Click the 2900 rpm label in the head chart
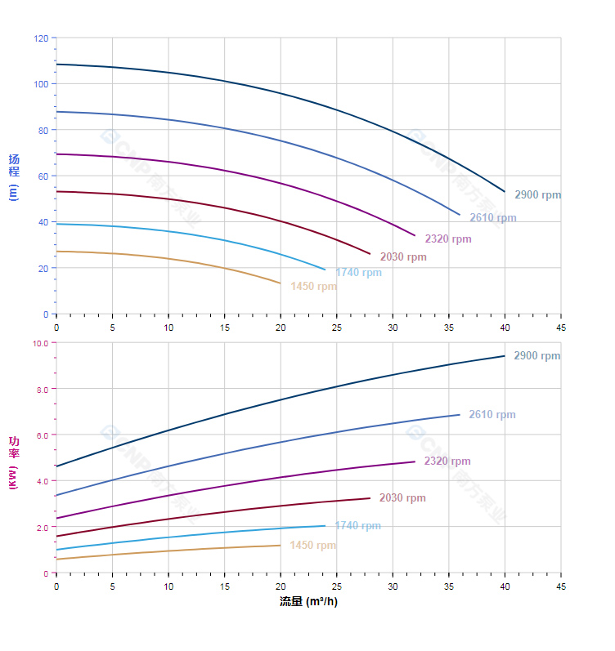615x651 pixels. click(537, 195)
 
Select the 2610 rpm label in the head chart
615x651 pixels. click(492, 218)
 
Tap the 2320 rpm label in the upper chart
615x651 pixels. click(447, 239)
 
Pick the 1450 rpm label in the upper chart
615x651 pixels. click(313, 287)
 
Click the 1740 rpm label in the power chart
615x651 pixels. click(357, 526)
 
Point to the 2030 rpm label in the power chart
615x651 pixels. click(402, 498)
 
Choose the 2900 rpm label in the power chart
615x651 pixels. click(536, 356)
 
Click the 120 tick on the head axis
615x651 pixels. click(41, 38)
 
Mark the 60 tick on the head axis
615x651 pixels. click(43, 176)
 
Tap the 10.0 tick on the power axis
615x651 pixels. click(40, 344)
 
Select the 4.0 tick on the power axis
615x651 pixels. click(43, 481)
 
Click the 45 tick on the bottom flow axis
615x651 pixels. click(561, 586)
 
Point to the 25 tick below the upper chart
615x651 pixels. click(336, 327)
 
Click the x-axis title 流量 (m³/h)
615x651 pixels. click(308, 602)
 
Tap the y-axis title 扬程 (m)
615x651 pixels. click(14, 176)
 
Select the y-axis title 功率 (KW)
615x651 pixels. click(14, 462)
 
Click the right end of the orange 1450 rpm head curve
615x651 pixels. click(281, 283)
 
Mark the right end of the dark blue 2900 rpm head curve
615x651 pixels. click(505, 191)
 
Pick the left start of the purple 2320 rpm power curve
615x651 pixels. click(56, 518)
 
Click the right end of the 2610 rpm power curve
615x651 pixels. click(460, 415)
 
